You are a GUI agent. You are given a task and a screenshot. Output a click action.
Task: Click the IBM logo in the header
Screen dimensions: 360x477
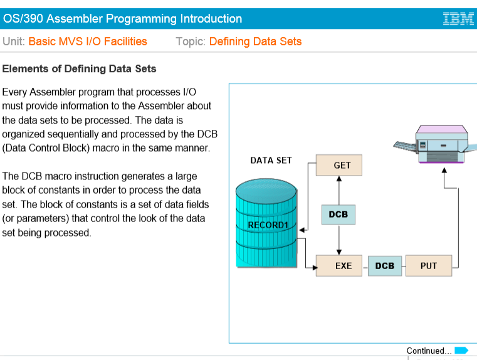[x=458, y=19]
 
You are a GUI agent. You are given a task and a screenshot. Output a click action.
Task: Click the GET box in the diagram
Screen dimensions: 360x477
[x=342, y=166]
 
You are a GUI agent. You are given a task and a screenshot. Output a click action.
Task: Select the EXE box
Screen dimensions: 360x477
[x=343, y=266]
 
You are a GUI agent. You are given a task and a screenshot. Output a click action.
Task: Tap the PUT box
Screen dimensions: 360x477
[x=429, y=266]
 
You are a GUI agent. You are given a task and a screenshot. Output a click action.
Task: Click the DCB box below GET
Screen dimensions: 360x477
[x=338, y=214]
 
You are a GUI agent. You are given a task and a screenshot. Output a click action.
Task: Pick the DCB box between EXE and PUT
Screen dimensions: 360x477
[x=385, y=266]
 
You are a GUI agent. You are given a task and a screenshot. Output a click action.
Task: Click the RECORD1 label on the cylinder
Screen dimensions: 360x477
[x=268, y=225]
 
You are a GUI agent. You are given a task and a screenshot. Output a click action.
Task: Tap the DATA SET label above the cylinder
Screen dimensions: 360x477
[x=271, y=161]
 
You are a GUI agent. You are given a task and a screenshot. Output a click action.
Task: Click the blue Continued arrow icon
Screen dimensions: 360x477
[x=461, y=351]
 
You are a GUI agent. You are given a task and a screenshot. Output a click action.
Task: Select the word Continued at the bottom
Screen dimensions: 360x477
[x=428, y=351]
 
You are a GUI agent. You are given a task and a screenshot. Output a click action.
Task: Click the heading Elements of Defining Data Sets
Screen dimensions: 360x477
[x=80, y=68]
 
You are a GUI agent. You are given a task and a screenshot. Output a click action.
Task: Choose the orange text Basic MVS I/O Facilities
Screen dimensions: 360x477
[x=88, y=42]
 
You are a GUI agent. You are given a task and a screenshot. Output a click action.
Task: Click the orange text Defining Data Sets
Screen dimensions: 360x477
[x=255, y=42]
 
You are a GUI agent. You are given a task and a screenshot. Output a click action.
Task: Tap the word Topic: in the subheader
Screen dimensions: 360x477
[x=191, y=42]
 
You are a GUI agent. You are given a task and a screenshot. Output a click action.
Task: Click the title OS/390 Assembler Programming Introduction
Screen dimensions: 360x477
[x=123, y=19]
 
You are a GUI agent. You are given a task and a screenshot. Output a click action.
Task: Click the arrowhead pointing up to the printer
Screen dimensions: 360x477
[x=444, y=170]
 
